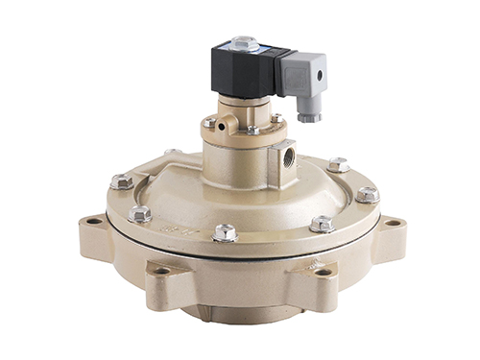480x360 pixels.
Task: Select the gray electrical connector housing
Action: (x=306, y=76)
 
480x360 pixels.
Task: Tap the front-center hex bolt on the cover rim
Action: (x=226, y=231)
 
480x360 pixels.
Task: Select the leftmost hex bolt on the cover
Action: (x=120, y=180)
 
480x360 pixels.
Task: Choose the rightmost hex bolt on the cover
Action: (x=367, y=194)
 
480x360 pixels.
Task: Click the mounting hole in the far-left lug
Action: (x=93, y=222)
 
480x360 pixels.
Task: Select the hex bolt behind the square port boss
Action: (x=338, y=164)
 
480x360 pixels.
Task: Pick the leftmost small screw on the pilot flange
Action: (x=209, y=122)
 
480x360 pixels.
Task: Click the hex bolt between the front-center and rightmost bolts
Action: (x=322, y=223)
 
